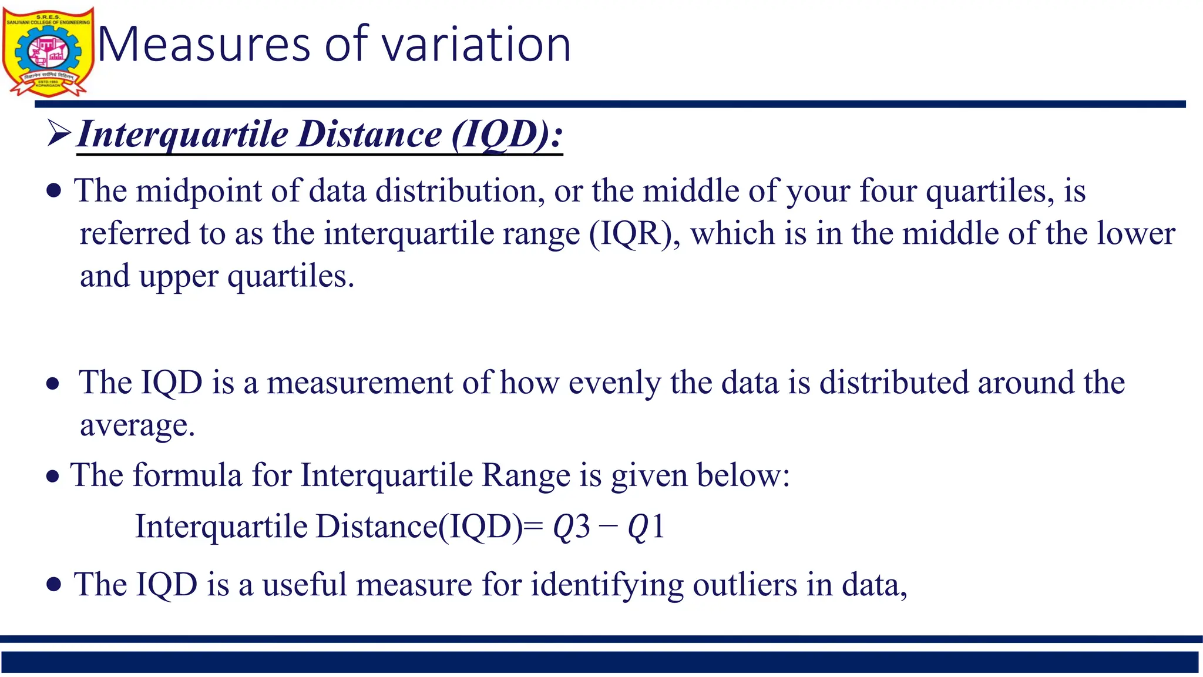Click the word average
click(136, 425)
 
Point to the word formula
click(187, 475)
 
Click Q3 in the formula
click(571, 526)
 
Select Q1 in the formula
click(646, 526)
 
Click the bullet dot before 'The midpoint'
click(53, 191)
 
